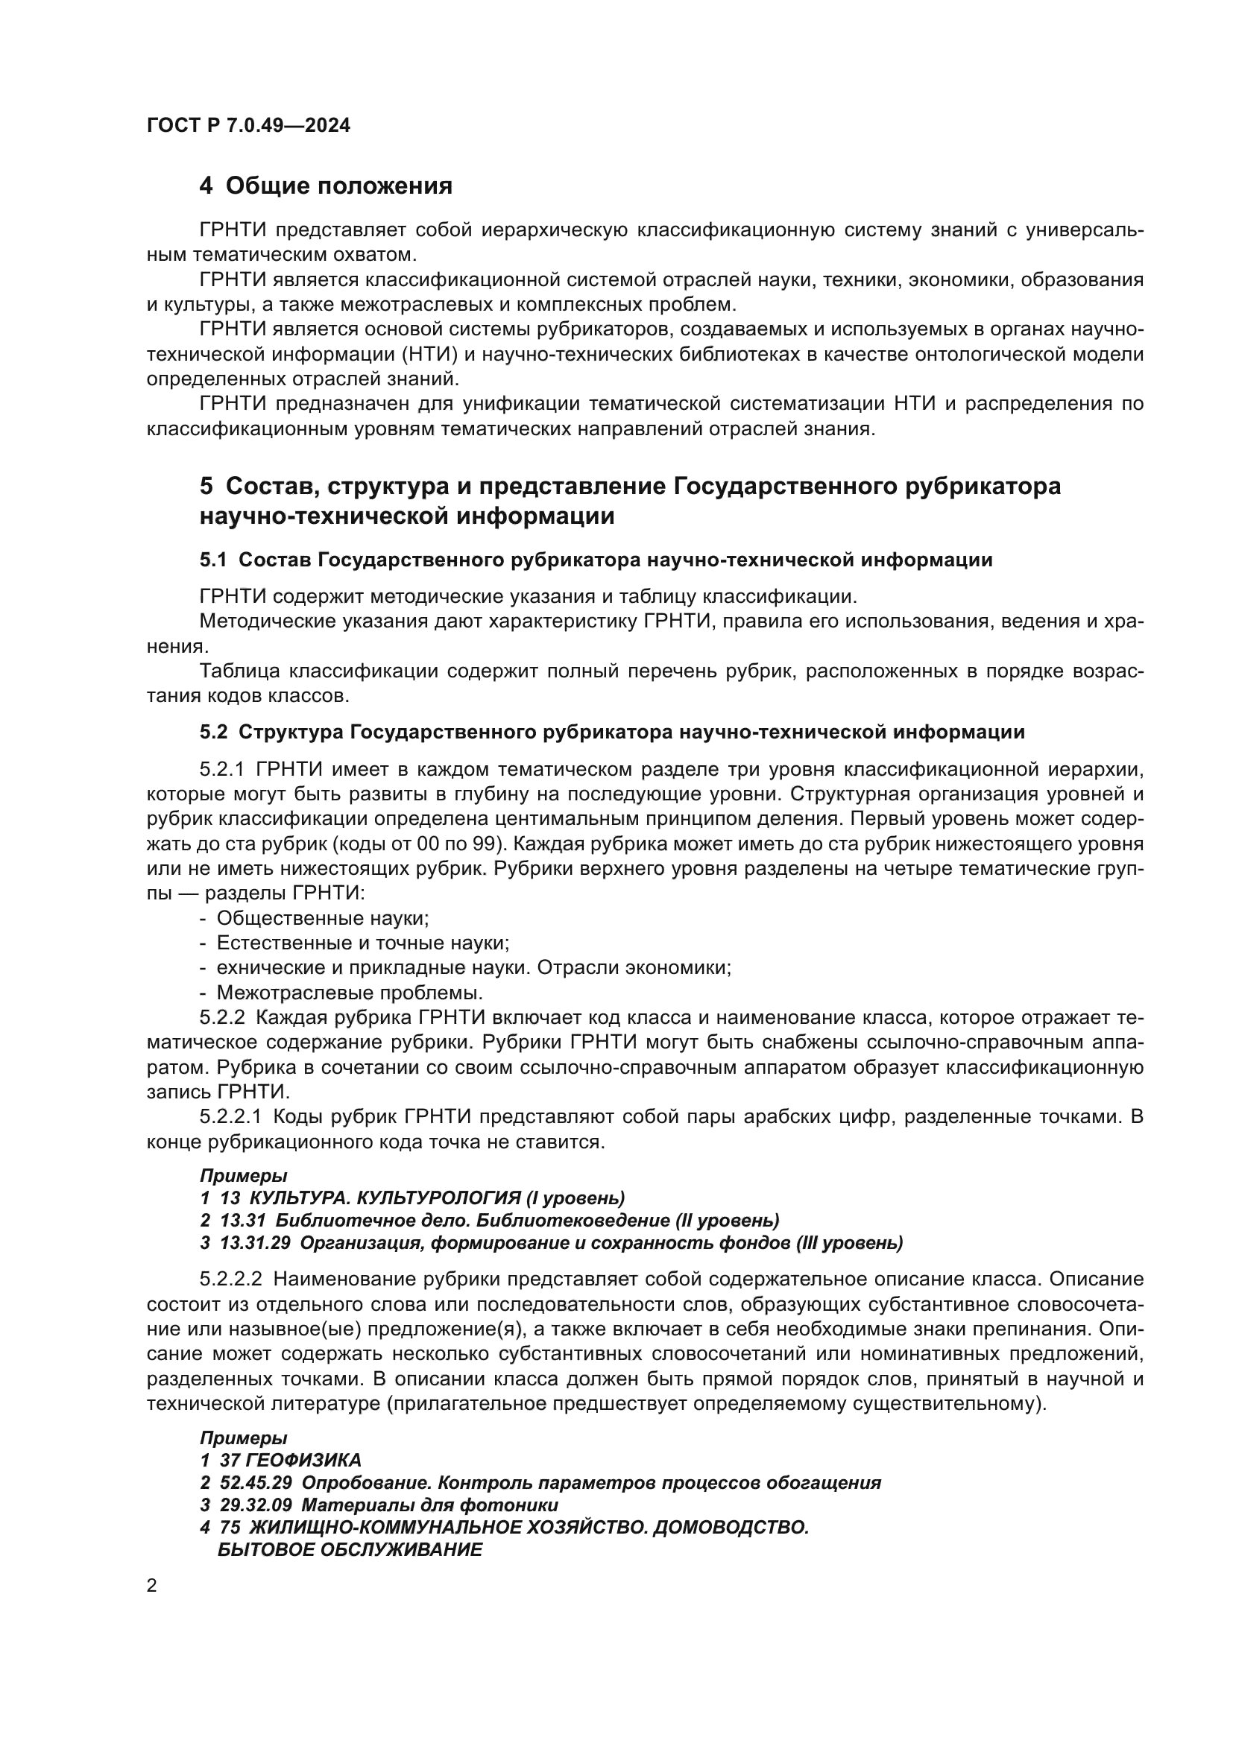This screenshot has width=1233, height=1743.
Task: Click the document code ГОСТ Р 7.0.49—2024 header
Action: click(x=248, y=126)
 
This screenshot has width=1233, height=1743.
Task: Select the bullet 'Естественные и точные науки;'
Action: click(x=362, y=943)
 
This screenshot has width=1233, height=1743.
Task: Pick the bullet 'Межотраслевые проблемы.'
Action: click(x=349, y=992)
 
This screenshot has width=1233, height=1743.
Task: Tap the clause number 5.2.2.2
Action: click(x=231, y=1279)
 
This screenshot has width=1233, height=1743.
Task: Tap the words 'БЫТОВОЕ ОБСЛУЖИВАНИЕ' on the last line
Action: click(x=349, y=1549)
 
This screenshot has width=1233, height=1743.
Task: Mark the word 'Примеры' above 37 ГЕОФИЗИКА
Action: click(x=243, y=1437)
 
